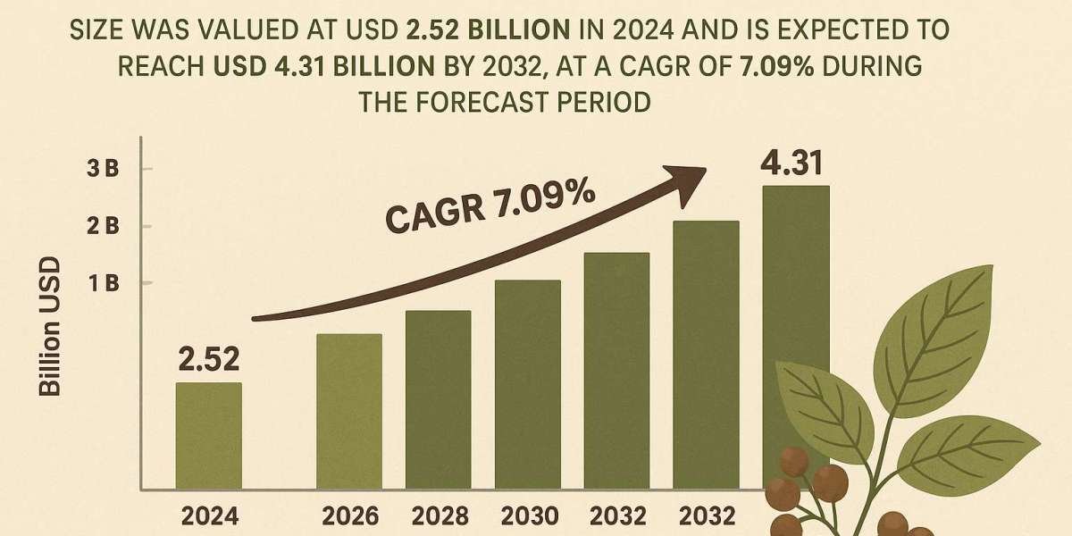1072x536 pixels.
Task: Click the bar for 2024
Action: tap(208, 435)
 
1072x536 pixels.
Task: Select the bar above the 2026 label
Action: tap(349, 411)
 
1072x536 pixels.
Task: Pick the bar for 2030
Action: tap(528, 384)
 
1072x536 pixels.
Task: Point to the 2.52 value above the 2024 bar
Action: tap(209, 360)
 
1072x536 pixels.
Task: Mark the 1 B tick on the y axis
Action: tap(105, 283)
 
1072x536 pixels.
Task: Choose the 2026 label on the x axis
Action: tap(348, 515)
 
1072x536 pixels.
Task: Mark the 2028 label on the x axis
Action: tap(438, 515)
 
